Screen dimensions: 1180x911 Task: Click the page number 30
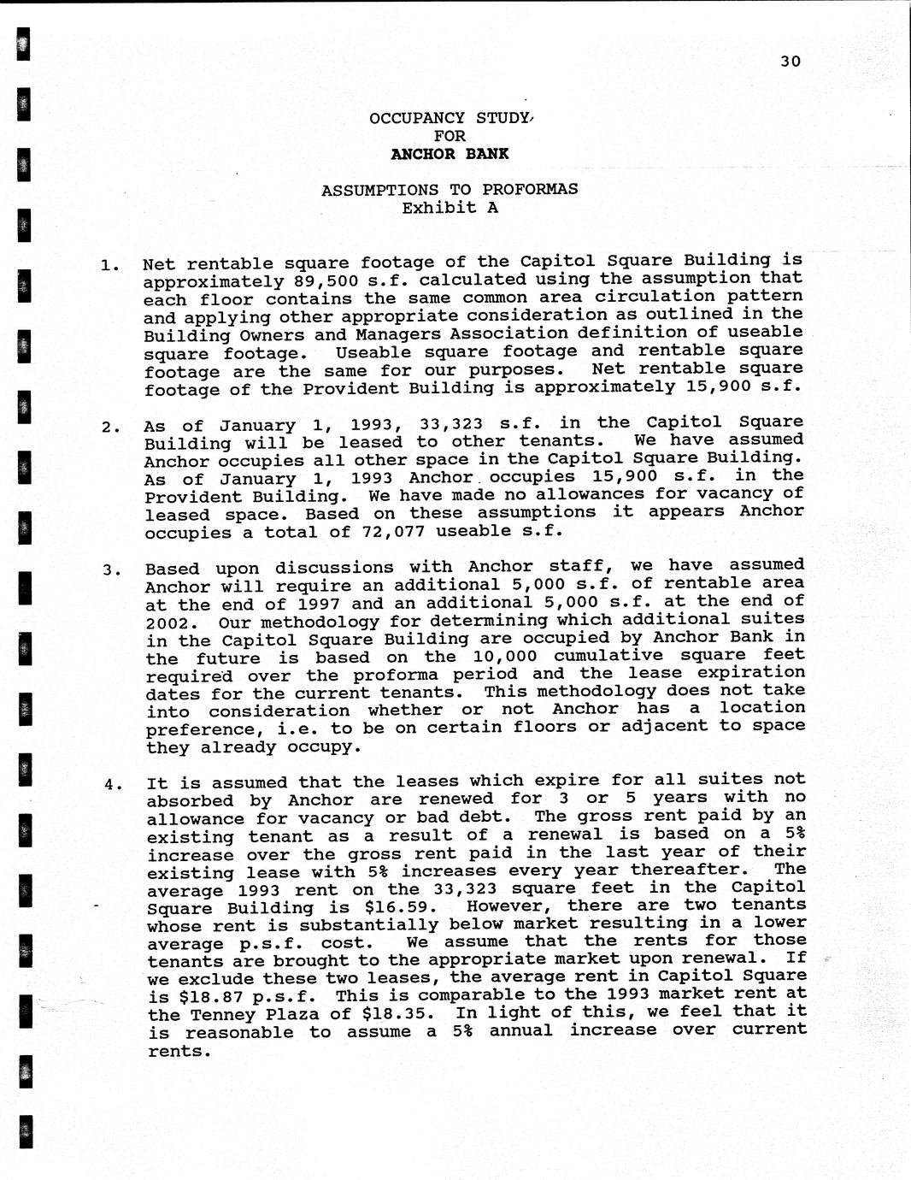coord(791,61)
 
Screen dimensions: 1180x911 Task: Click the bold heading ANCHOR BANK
coord(450,154)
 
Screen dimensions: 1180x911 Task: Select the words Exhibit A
coord(450,208)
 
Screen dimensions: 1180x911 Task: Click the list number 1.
coord(109,265)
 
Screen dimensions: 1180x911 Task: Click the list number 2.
coord(110,427)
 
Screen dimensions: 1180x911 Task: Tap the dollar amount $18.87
coord(205,997)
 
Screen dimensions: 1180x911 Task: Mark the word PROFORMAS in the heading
coord(530,190)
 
